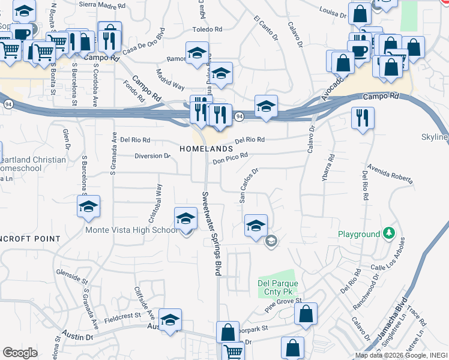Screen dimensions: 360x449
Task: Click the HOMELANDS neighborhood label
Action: pyautogui.click(x=205, y=148)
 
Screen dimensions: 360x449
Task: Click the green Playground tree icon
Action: pyautogui.click(x=390, y=233)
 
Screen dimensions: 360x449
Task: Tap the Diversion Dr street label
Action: pyautogui.click(x=152, y=156)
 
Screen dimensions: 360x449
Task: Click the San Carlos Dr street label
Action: pyautogui.click(x=249, y=185)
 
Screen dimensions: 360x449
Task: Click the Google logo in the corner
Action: pyautogui.click(x=20, y=353)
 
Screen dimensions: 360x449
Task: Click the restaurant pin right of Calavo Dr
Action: pyautogui.click(x=363, y=118)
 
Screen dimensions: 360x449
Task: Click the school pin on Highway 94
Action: pyautogui.click(x=266, y=106)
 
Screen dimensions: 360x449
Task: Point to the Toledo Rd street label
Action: pyautogui.click(x=207, y=29)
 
